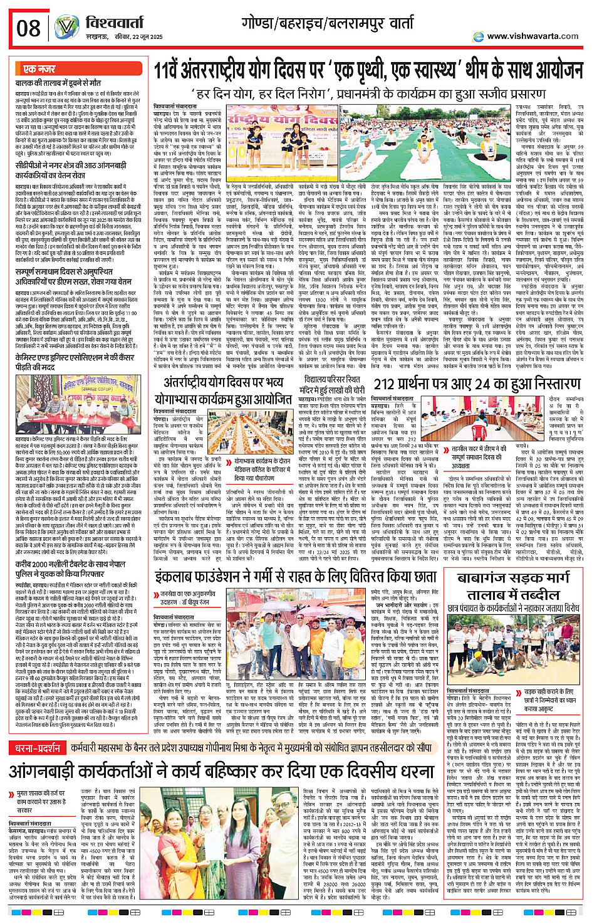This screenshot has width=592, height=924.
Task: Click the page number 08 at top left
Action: pos(29,28)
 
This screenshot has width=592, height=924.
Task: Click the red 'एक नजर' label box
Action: pos(39,69)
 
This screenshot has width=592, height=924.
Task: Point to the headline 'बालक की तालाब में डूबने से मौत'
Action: pos(58,83)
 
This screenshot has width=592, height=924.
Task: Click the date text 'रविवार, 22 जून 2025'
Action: pos(118,38)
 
